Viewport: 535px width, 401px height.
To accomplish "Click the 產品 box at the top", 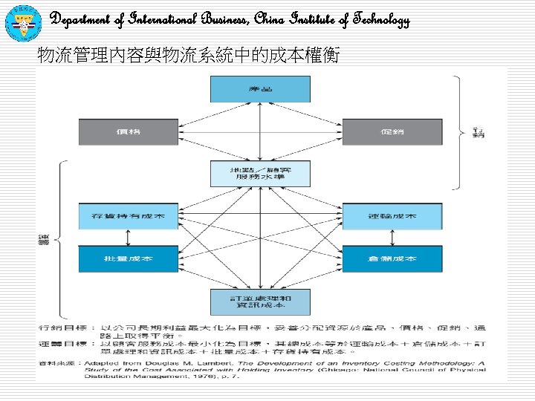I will coord(260,89).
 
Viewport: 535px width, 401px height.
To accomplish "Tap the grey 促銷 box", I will coord(392,132).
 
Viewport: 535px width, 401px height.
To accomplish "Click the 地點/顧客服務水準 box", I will coord(260,175).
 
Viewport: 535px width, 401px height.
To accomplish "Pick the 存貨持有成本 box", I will coord(129,216).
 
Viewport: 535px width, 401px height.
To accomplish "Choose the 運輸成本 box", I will coord(392,216).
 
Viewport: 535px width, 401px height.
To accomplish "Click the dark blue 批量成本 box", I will coord(129,258).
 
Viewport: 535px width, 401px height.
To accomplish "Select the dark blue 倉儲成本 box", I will coord(392,258).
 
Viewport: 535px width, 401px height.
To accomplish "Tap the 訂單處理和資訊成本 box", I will coord(260,301).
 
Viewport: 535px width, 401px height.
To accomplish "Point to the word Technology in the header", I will coord(380,20).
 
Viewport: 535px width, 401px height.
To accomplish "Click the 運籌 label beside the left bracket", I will coord(42,239).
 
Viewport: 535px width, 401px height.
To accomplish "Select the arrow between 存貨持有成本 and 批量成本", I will coord(129,237).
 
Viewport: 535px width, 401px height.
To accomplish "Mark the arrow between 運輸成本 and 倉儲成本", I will coord(392,237).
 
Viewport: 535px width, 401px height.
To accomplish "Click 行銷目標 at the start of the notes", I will coord(60,327).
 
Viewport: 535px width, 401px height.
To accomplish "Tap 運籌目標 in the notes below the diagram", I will coord(60,345).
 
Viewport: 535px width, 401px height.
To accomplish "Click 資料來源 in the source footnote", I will coord(56,362).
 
